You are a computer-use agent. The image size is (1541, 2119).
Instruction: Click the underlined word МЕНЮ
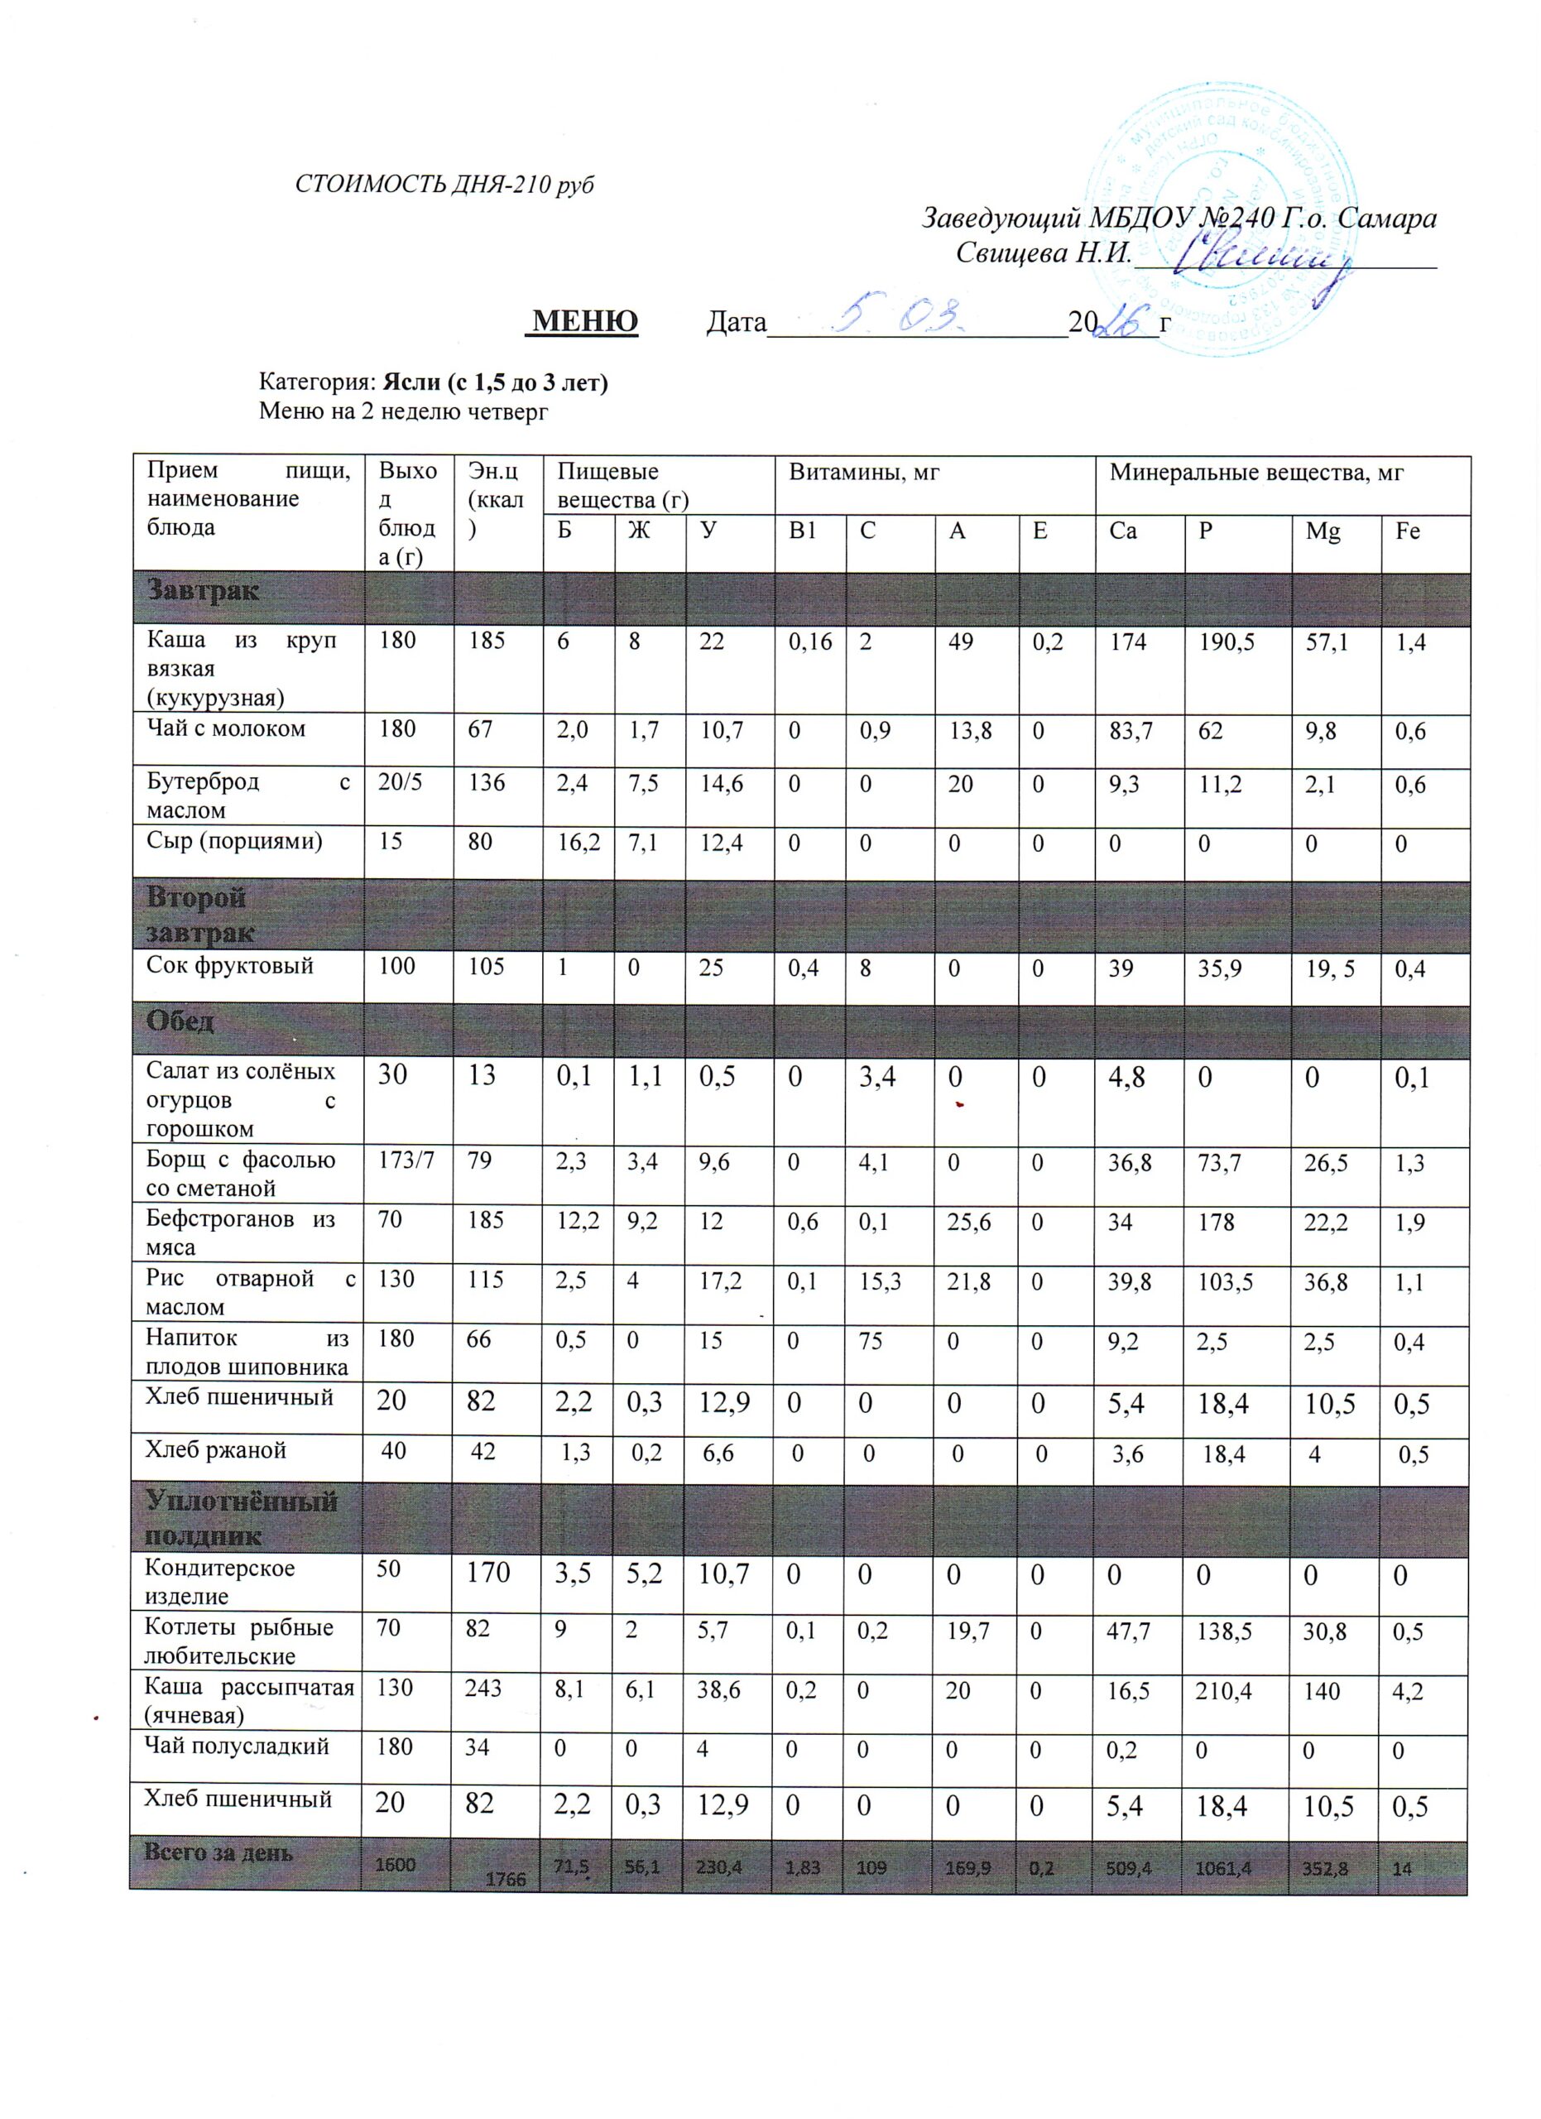tap(582, 321)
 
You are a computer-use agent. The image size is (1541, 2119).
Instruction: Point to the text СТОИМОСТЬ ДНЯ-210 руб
tap(444, 184)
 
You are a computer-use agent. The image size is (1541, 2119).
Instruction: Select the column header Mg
tap(1322, 531)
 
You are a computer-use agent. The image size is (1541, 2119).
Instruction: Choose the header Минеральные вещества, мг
tap(1255, 473)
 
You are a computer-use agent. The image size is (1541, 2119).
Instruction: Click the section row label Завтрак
tap(203, 591)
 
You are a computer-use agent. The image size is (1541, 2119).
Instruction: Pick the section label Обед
tap(180, 1021)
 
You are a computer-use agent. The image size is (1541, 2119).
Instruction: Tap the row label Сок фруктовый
tap(230, 965)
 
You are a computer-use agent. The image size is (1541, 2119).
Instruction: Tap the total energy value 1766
tap(506, 1878)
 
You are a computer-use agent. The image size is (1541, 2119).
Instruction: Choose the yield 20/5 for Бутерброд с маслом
tap(399, 782)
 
